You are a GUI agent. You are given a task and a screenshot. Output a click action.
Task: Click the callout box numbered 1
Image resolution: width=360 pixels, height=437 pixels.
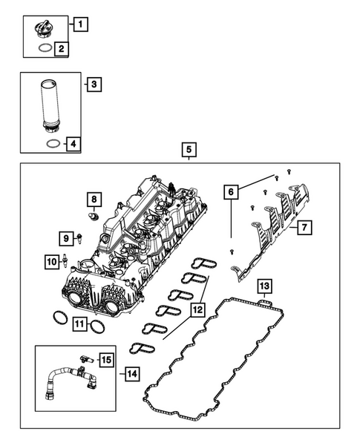(82, 23)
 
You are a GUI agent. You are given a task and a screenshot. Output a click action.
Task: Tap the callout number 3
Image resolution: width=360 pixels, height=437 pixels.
(93, 85)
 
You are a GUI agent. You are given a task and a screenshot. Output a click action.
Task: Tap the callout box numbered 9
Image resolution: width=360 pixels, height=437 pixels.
(66, 238)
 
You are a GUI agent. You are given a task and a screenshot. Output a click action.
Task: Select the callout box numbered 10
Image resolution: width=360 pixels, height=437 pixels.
(51, 261)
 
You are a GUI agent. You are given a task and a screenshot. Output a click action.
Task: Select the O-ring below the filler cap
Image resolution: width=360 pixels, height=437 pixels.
(44, 50)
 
